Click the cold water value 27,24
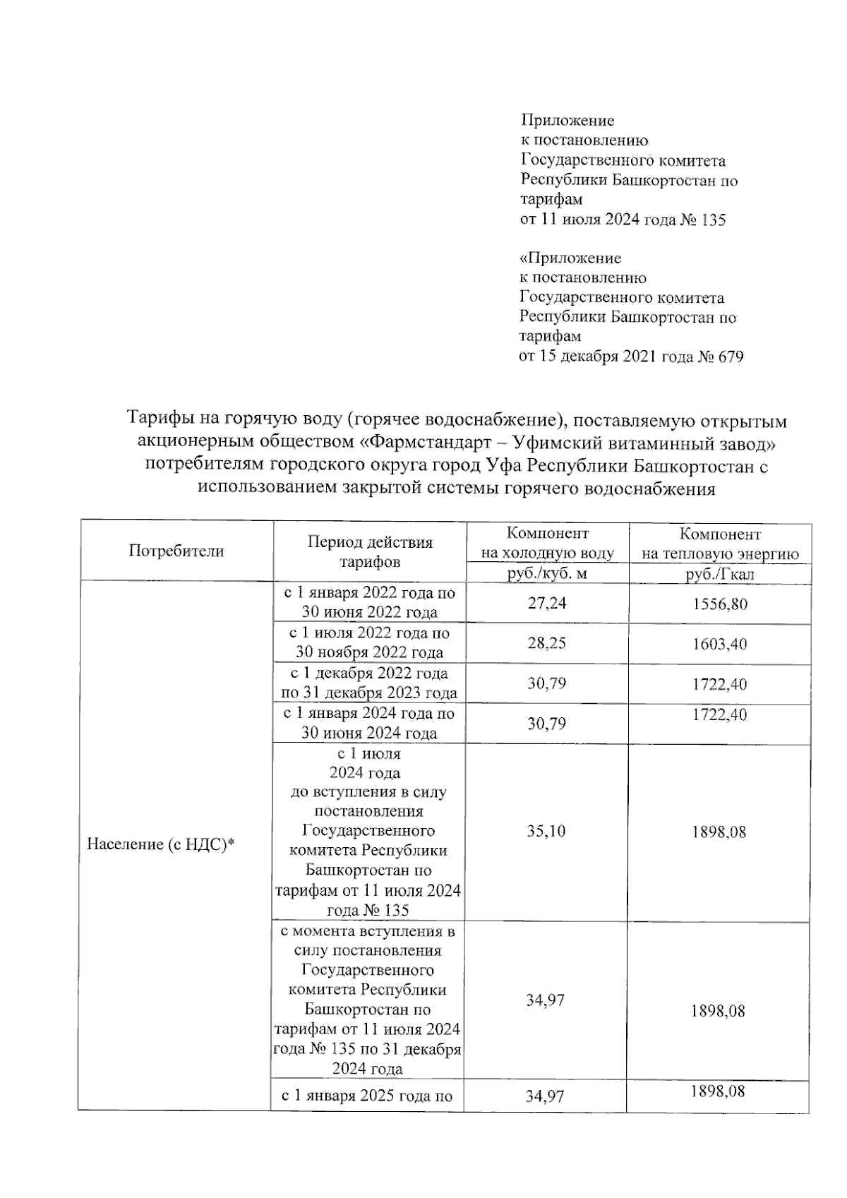point(547,604)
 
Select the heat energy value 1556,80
point(719,604)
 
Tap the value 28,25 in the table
point(547,643)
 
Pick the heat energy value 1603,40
point(719,644)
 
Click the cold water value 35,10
point(546,831)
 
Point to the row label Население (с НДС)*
point(160,844)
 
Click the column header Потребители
point(176,551)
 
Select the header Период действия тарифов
point(370,552)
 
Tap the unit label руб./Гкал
point(719,574)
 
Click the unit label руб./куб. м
point(547,573)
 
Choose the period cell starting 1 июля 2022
point(369,642)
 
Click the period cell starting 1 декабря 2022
point(369,683)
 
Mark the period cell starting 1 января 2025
point(367,1096)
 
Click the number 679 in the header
point(731,357)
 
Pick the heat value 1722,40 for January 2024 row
point(719,715)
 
